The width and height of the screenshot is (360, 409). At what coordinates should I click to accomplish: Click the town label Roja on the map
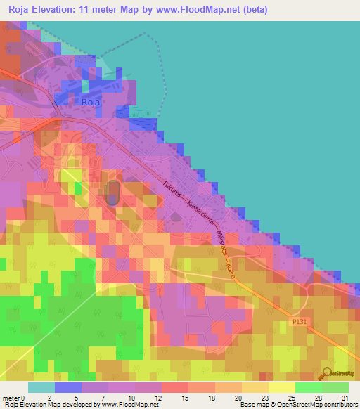(x=91, y=103)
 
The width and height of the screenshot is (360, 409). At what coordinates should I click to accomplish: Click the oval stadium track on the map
(x=112, y=193)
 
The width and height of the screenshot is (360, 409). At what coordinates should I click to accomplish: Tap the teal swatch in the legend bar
(x=41, y=387)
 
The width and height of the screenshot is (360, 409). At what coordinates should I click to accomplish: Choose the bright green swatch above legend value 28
(x=308, y=387)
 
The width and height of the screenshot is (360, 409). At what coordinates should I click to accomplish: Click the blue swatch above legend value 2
(x=67, y=387)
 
